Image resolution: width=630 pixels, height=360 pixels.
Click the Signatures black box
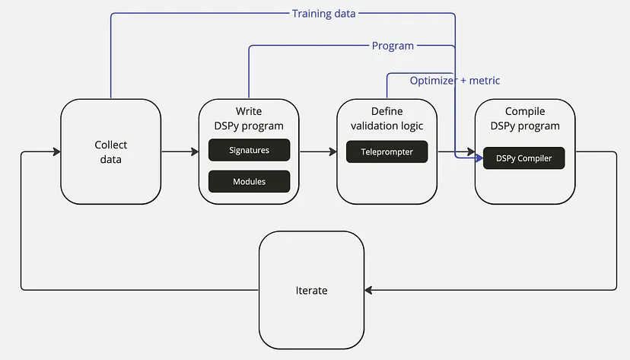[249, 150]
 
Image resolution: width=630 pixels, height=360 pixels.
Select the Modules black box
[249, 182]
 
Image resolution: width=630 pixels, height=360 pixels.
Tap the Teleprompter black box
[387, 151]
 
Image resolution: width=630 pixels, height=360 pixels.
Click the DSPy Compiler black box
[523, 158]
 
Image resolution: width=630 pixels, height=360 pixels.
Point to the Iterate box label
[311, 291]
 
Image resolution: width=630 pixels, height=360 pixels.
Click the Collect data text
[110, 152]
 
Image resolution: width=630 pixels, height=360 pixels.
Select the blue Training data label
[323, 14]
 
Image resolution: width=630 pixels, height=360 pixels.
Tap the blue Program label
[393, 46]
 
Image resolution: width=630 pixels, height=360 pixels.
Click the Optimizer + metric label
[455, 80]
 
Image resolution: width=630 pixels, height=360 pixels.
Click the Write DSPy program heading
[249, 119]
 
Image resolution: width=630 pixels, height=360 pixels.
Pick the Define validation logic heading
[387, 119]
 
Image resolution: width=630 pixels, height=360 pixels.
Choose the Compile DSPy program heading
[525, 119]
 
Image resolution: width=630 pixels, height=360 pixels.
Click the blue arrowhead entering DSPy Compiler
[479, 158]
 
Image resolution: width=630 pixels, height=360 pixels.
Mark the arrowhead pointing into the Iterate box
[369, 290]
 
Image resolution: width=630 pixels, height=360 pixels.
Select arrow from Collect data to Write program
[180, 152]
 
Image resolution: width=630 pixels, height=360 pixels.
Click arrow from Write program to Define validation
[318, 152]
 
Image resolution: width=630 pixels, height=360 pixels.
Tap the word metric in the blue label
[484, 80]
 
